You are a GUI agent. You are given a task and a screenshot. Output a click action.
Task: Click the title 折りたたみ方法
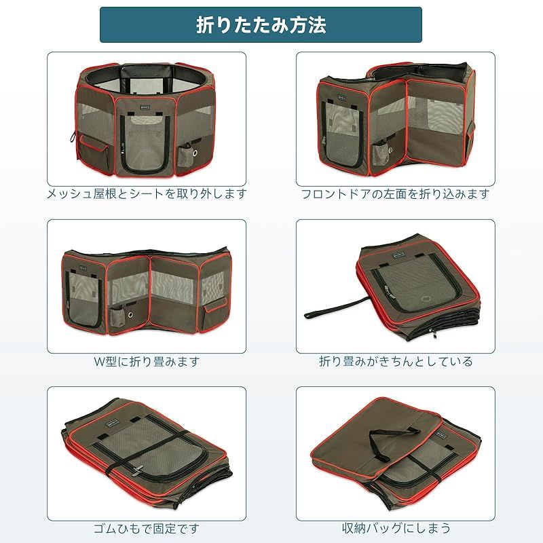coord(261,25)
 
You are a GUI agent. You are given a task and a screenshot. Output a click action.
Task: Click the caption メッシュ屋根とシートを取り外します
coord(147,193)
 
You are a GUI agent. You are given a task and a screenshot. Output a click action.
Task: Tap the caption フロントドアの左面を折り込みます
coord(396,193)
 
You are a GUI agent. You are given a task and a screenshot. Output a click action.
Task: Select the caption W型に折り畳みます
coord(147,361)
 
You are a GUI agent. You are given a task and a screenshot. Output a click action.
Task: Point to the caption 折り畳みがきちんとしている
coord(396,361)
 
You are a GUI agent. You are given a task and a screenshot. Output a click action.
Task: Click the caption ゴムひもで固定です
coord(147,527)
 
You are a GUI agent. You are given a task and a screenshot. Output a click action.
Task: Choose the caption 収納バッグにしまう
coord(396,527)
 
